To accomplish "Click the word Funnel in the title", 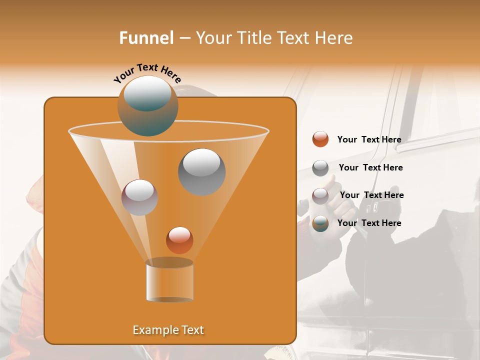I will tap(146, 38).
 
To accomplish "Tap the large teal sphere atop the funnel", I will tap(147, 105).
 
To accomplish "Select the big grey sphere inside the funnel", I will tap(201, 171).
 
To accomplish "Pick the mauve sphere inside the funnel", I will tap(139, 197).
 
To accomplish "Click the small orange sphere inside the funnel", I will tap(179, 240).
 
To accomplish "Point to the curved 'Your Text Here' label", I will tap(147, 73).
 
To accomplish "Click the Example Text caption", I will tap(168, 330).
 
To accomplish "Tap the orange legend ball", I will tap(320, 139).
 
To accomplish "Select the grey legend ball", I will tap(320, 168).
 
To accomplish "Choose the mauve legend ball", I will tap(320, 195).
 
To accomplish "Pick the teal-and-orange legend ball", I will tap(320, 223).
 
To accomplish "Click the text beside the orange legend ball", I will tap(369, 139).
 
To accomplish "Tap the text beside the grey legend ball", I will tap(370, 167).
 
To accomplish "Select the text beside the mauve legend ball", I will tap(371, 195).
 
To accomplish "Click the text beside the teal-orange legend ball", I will tap(369, 223).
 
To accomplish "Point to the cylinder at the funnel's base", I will tap(169, 281).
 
